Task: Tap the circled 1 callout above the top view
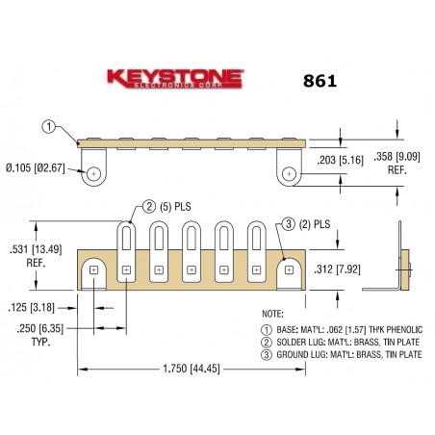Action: point(50,125)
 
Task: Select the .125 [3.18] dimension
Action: point(28,309)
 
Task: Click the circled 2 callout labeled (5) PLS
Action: point(148,205)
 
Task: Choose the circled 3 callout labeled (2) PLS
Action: point(289,225)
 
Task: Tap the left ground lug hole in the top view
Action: point(93,174)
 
